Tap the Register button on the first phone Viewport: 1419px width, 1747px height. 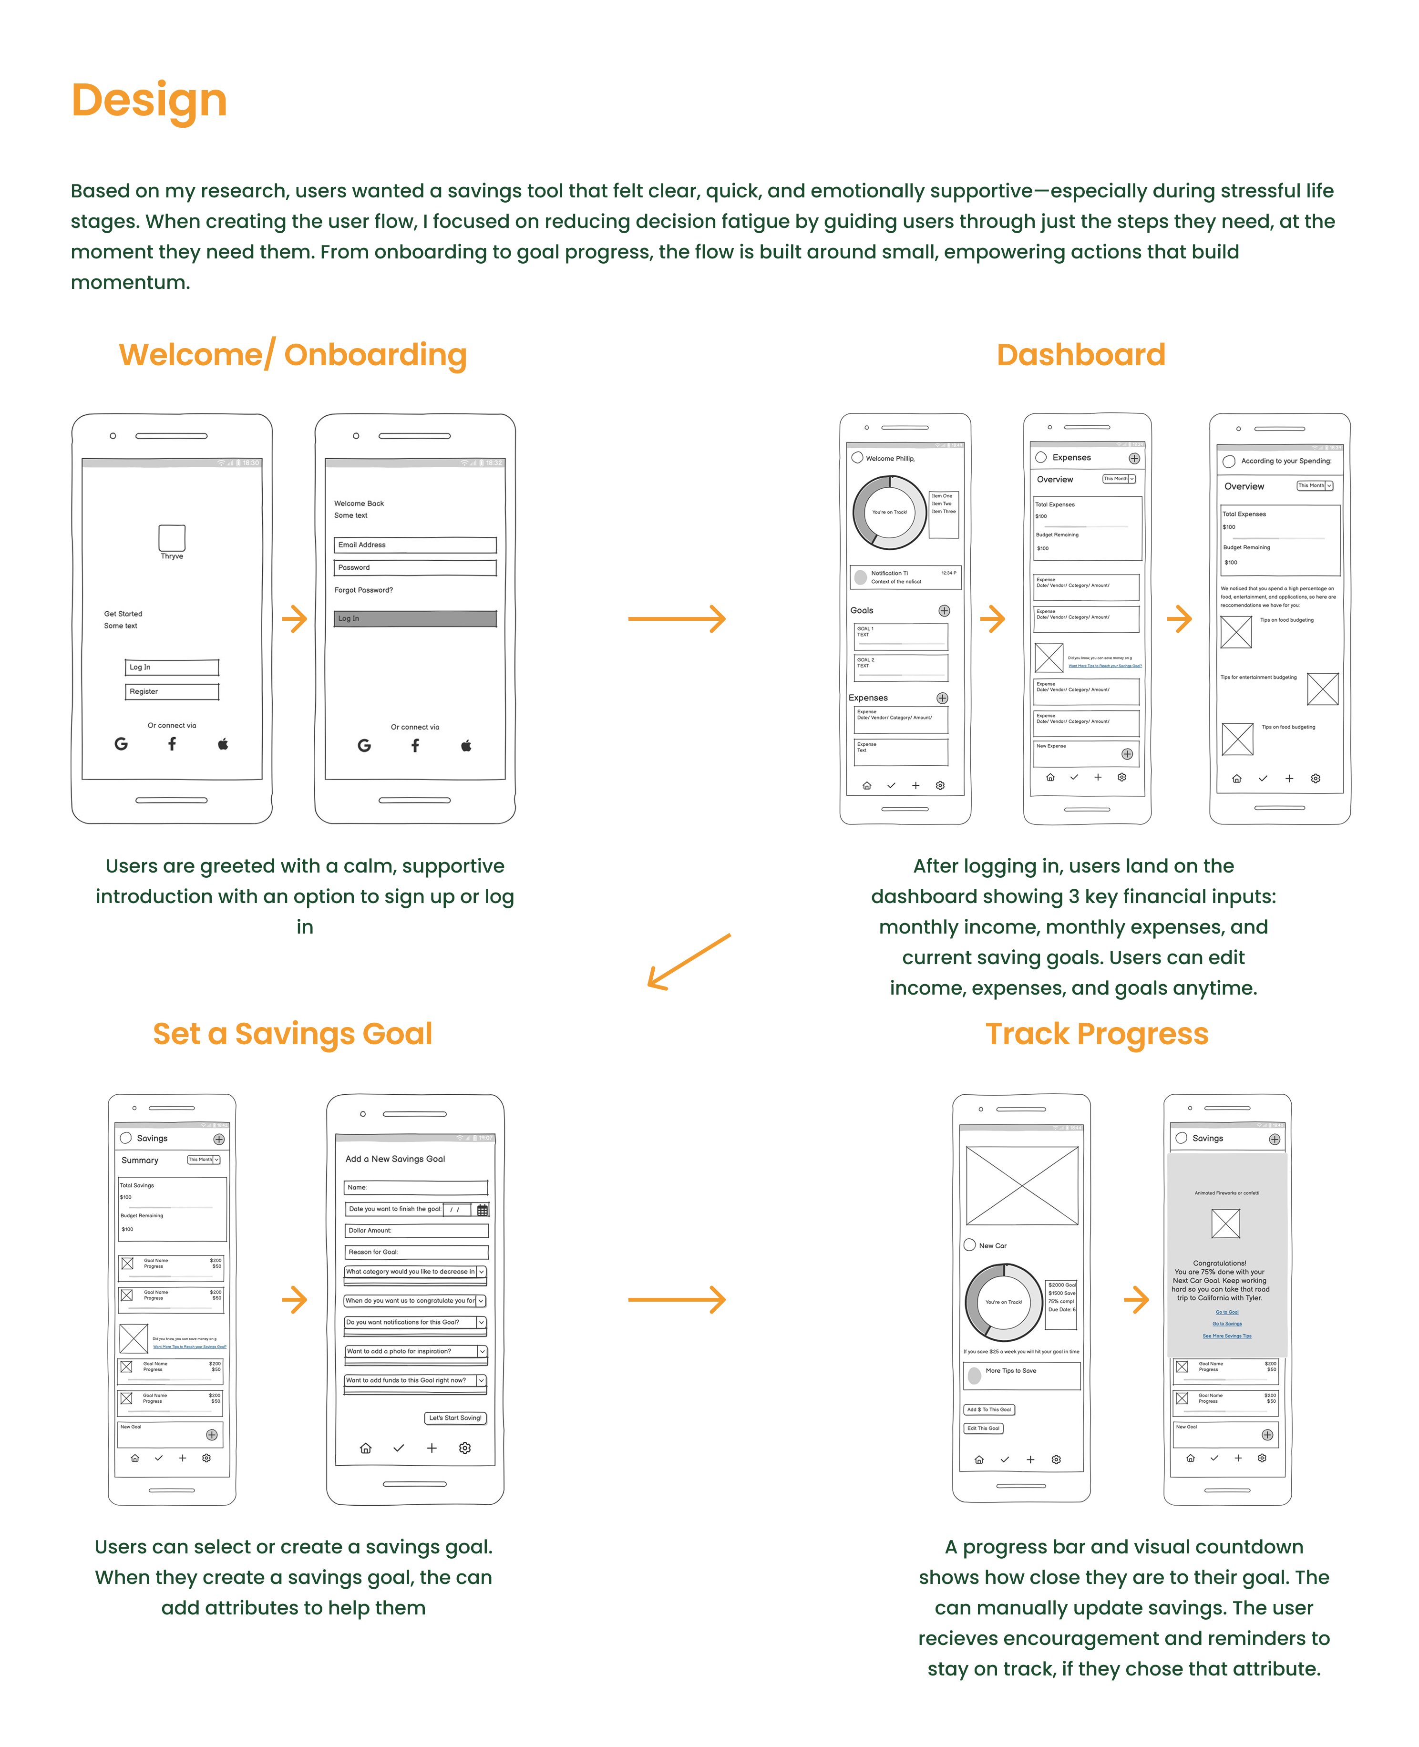[x=172, y=692]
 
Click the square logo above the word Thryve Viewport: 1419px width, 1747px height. [x=172, y=538]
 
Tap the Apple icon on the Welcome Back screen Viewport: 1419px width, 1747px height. [x=466, y=746]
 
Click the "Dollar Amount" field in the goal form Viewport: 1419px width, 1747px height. [x=416, y=1230]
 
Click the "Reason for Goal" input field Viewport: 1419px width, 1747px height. [x=416, y=1252]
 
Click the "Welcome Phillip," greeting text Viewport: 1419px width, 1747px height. [x=890, y=459]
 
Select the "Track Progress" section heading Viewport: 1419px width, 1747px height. [x=1096, y=1034]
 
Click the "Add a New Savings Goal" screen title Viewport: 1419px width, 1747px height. [x=396, y=1159]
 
